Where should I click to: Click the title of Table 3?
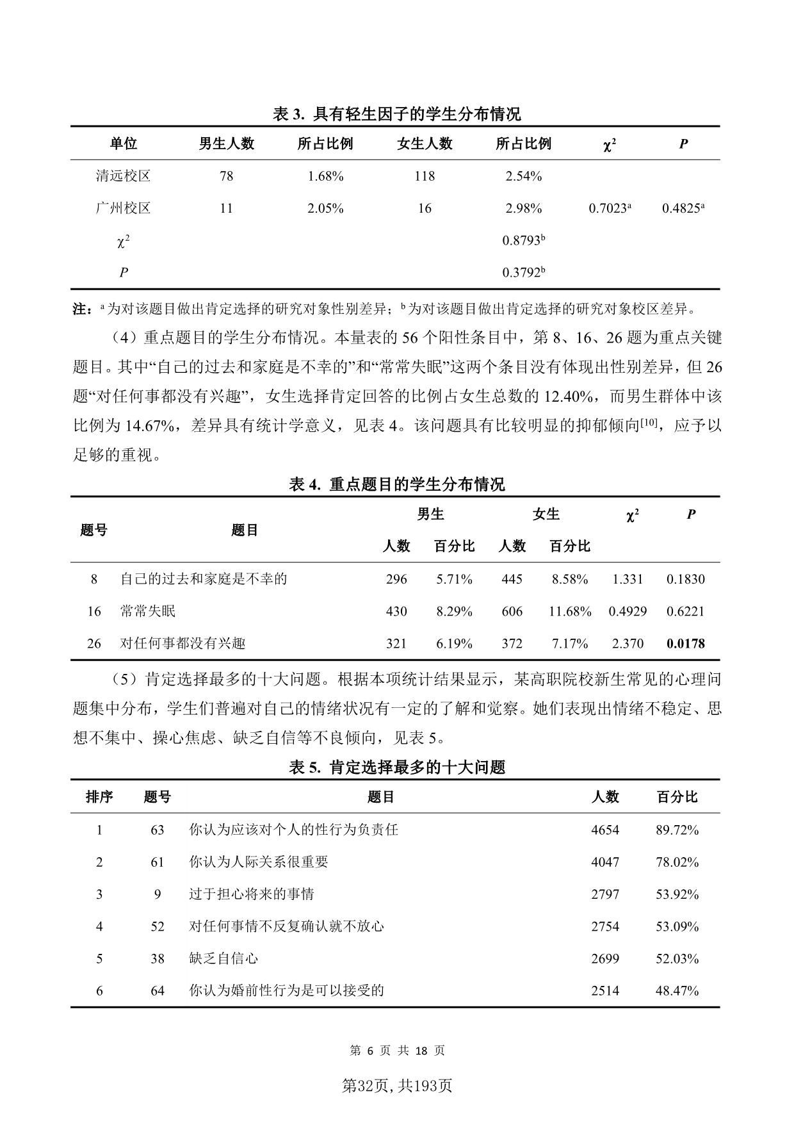[x=396, y=114]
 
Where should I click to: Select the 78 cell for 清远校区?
[x=226, y=176]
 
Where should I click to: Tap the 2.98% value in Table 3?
[x=523, y=208]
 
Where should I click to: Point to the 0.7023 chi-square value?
[x=609, y=208]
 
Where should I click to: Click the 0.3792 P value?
[x=523, y=273]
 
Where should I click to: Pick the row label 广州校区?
[x=123, y=208]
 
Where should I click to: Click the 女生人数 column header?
[x=425, y=143]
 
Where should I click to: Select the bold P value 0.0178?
[x=685, y=644]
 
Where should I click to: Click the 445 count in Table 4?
[x=512, y=579]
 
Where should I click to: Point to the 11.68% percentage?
[x=569, y=611]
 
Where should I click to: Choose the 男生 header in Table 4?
[x=430, y=514]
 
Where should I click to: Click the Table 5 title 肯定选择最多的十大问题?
[x=396, y=767]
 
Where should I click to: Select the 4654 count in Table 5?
[x=604, y=830]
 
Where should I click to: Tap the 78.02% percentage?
[x=677, y=862]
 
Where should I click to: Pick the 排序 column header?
[x=99, y=797]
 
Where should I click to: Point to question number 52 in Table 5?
[x=158, y=926]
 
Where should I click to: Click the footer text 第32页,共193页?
[x=397, y=1086]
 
